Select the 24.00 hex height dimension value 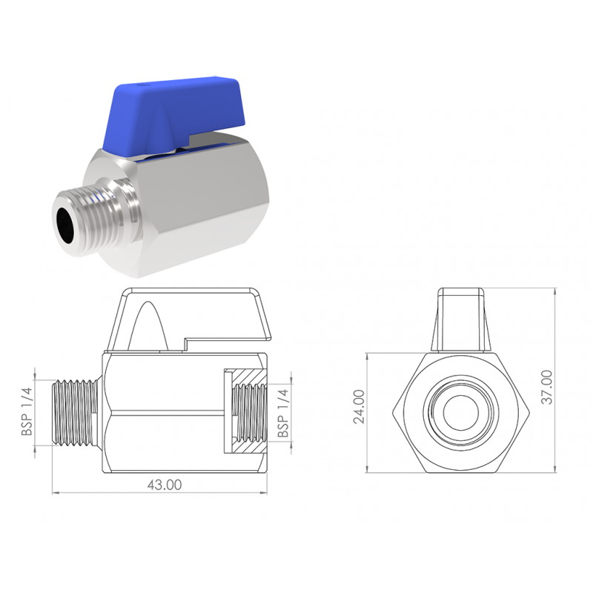coord(359,406)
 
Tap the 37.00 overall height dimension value coord(547,387)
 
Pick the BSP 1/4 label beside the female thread coord(283,414)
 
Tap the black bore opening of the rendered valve coord(68,227)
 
